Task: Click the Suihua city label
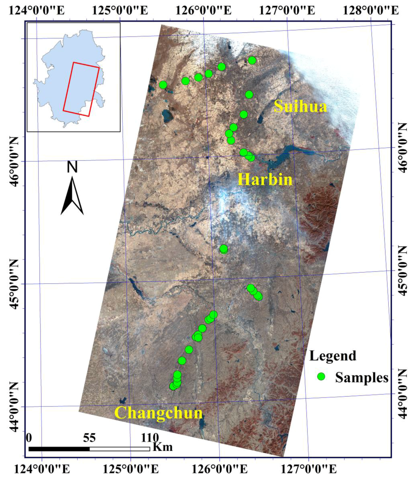pos(300,107)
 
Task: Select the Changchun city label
pos(159,413)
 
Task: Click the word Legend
pos(333,356)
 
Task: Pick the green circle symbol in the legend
pos(321,376)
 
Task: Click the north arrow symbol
pos(72,196)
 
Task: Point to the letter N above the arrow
pos(72,167)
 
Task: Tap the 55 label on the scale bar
pos(90,438)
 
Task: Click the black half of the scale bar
pos(59,448)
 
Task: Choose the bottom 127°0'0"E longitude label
pos(308,468)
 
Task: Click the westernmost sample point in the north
pos(163,84)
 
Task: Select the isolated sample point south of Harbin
pos(224,249)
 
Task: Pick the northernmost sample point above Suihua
pos(252,60)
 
